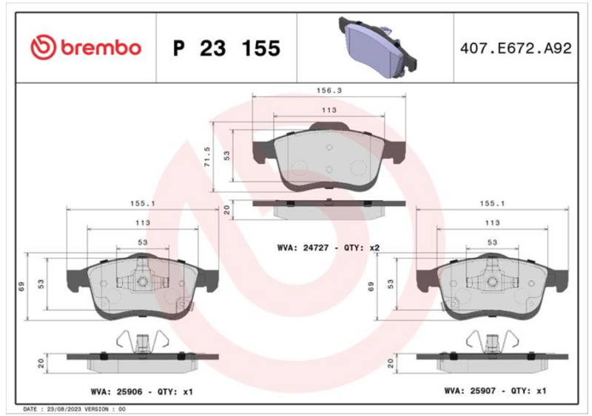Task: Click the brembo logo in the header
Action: pos(86,47)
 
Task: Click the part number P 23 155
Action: pos(226,48)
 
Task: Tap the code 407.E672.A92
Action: pos(516,48)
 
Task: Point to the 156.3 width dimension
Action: pos(329,91)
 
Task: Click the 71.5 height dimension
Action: pos(207,157)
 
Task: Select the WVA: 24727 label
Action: pos(303,248)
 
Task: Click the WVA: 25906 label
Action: pos(117,392)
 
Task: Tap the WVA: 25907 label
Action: pos(470,391)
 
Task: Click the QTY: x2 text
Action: pos(362,248)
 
